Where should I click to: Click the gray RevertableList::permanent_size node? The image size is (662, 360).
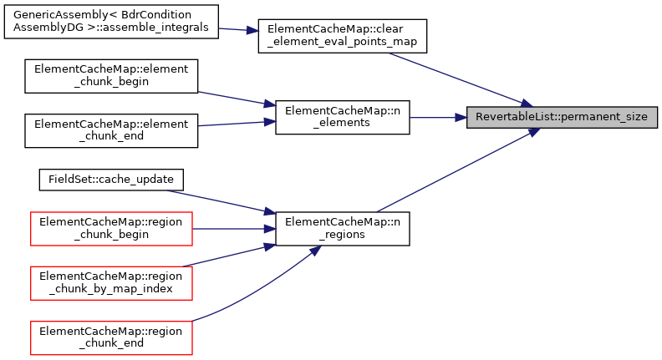(x=562, y=118)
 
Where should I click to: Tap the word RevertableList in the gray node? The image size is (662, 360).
(x=514, y=118)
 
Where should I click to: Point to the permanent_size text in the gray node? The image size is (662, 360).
(x=603, y=118)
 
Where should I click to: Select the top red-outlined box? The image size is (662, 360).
(x=111, y=229)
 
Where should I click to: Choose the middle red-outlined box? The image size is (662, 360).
(x=111, y=282)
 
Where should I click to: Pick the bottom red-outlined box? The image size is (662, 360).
(x=111, y=337)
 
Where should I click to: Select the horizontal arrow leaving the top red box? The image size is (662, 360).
(x=230, y=228)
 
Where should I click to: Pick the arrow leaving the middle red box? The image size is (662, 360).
(x=226, y=256)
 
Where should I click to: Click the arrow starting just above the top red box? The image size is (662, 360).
(x=217, y=201)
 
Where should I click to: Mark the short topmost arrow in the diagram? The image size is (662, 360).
(x=236, y=29)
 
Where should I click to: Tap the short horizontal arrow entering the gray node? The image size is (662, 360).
(x=435, y=118)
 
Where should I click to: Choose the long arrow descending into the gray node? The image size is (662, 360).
(x=460, y=79)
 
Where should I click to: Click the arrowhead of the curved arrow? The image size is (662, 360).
(x=316, y=250)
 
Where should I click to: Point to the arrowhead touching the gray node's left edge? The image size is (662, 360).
(x=461, y=118)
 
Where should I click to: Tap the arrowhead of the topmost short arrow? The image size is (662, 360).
(x=253, y=31)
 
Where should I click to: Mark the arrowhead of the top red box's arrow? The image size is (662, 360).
(x=270, y=228)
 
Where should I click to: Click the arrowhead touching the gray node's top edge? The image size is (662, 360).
(x=526, y=104)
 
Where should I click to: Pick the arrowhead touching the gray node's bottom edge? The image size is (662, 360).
(x=532, y=131)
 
